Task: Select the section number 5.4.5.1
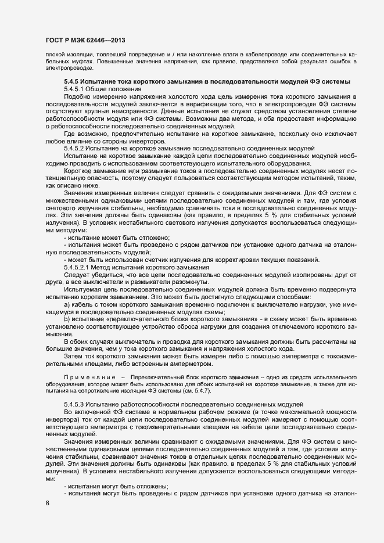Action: click(77, 89)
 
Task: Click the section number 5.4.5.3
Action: click(77, 402)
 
